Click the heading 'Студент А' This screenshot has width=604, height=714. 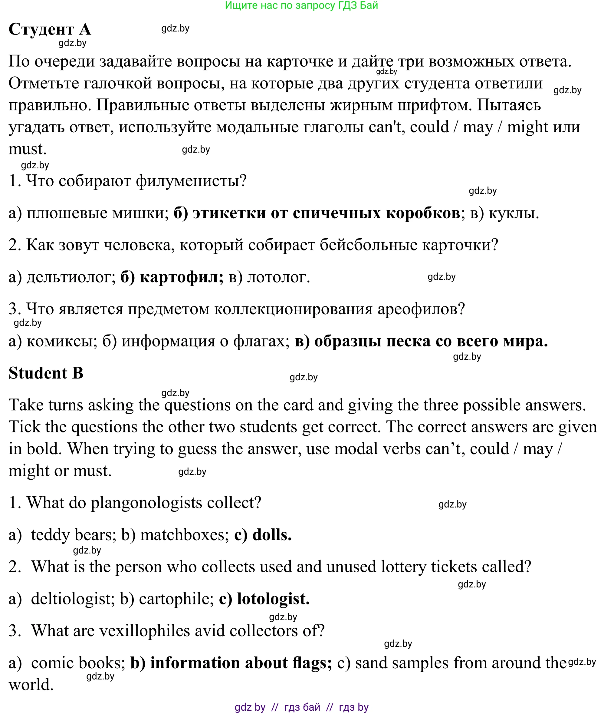coord(50,29)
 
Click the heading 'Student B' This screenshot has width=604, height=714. coord(46,373)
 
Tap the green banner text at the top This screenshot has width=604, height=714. coord(301,5)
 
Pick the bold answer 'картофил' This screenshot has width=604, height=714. coord(182,277)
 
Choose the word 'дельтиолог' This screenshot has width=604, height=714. coord(71,277)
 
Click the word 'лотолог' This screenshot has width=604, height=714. coord(278,277)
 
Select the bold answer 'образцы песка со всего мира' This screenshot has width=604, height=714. coord(431,341)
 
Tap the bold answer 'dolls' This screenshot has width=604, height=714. coord(271,535)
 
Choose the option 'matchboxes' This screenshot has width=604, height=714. coord(184,535)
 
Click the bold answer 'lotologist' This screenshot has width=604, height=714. coord(273,599)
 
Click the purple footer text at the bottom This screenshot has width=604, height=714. coord(301,707)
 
